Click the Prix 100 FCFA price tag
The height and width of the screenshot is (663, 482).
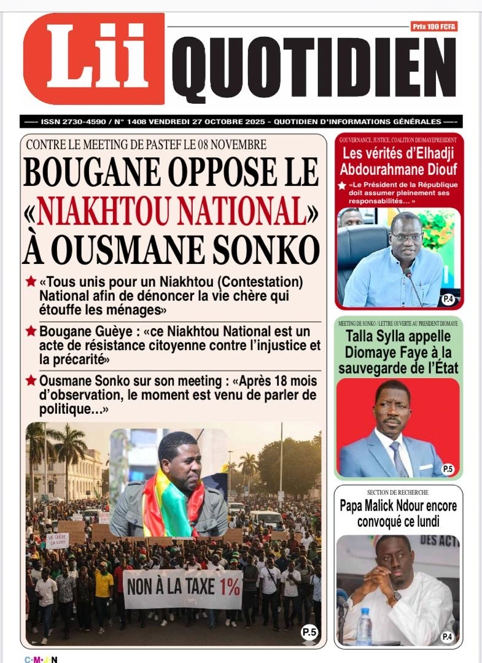coord(434,26)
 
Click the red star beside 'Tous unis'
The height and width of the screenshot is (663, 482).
coord(31,282)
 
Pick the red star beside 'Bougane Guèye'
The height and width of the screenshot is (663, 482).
coord(31,331)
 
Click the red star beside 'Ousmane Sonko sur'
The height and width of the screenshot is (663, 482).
coord(31,381)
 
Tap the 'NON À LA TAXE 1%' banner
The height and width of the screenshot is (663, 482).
coord(183,589)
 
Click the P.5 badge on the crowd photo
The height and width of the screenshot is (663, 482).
coord(309,632)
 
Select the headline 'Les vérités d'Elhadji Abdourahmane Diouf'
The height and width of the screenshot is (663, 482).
coord(399,161)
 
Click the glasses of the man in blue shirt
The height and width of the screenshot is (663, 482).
coord(408,236)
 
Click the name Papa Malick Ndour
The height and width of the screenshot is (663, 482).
coord(398,506)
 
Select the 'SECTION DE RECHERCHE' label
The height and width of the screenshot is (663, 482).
coord(397,492)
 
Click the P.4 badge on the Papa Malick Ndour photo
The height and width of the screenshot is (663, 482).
coord(447,637)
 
